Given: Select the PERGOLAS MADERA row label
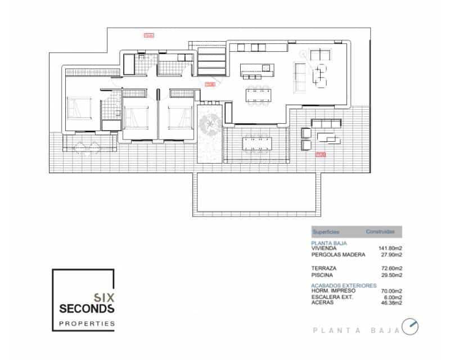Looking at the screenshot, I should coord(338,254).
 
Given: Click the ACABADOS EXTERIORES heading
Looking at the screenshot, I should coord(344,286).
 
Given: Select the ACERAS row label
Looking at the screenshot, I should coord(322,303).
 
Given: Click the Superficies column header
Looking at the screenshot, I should coord(326,232).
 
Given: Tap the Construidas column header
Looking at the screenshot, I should coord(380,232).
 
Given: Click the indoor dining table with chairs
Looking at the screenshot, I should coord(259,96).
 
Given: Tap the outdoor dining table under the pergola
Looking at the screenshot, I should coord(257,143).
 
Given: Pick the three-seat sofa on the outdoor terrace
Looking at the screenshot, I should coord(326,124).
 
